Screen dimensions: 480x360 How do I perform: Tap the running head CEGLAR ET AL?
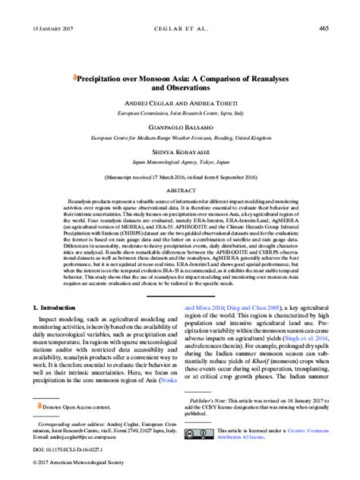coord(179,28)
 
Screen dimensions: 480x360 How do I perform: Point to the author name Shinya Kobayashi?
coord(179,173)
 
